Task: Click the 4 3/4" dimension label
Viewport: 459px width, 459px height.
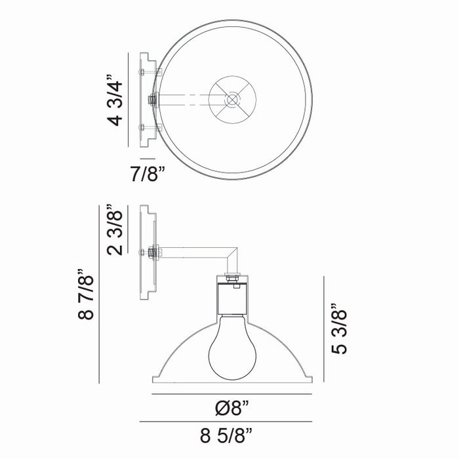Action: [115, 102]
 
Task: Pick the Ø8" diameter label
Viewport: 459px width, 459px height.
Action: [233, 409]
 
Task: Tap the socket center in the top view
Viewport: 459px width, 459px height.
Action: [232, 100]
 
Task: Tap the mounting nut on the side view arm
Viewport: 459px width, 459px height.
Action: [152, 252]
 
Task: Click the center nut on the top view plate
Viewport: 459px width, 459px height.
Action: [152, 100]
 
